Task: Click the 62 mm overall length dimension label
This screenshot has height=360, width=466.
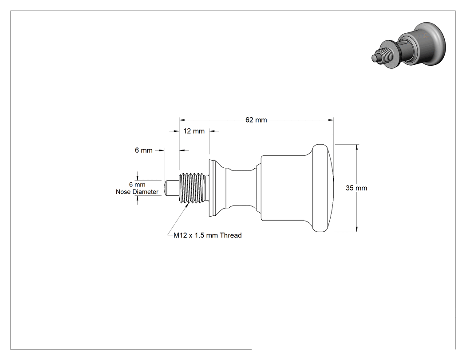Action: pos(256,120)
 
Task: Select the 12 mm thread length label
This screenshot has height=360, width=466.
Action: pos(194,131)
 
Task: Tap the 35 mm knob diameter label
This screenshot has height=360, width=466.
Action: pos(356,188)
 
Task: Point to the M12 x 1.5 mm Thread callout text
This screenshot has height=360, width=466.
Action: pos(207,235)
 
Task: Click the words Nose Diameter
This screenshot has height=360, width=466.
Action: pos(137,192)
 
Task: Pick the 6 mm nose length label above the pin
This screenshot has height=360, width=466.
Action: pos(143,150)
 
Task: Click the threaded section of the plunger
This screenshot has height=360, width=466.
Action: pos(192,188)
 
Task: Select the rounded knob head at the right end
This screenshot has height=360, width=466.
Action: pos(323,188)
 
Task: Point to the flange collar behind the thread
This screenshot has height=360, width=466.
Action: pos(213,188)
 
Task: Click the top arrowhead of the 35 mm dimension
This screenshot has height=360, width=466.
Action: pos(357,147)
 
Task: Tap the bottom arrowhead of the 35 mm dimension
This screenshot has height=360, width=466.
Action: pos(357,229)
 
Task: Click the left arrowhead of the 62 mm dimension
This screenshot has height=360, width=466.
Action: pos(182,120)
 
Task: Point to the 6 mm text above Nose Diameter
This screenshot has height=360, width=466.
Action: pos(137,185)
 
